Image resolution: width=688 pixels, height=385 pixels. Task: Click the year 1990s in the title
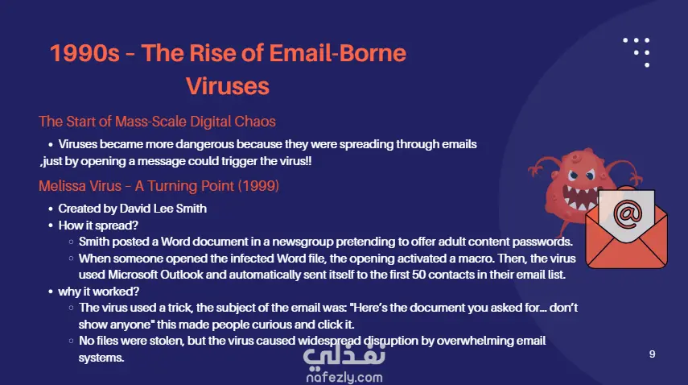pyautogui.click(x=84, y=53)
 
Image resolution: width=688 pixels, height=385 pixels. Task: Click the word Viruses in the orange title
pyautogui.click(x=227, y=85)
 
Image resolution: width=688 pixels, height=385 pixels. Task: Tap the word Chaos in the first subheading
pyautogui.click(x=255, y=121)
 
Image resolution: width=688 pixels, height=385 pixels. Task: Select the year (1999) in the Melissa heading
pyautogui.click(x=258, y=186)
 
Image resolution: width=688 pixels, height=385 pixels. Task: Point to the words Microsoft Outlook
pyautogui.click(x=155, y=275)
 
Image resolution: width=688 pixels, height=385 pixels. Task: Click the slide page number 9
pyautogui.click(x=652, y=354)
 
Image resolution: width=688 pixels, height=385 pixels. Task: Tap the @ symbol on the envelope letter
pyautogui.click(x=628, y=213)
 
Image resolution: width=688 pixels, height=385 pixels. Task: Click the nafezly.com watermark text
pyautogui.click(x=344, y=377)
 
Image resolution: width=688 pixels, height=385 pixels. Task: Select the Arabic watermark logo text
pyautogui.click(x=344, y=354)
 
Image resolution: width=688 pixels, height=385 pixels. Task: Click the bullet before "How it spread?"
pyautogui.click(x=51, y=226)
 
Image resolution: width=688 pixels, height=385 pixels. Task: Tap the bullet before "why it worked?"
pyautogui.click(x=51, y=292)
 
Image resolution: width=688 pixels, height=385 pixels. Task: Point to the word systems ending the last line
pyautogui.click(x=101, y=358)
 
